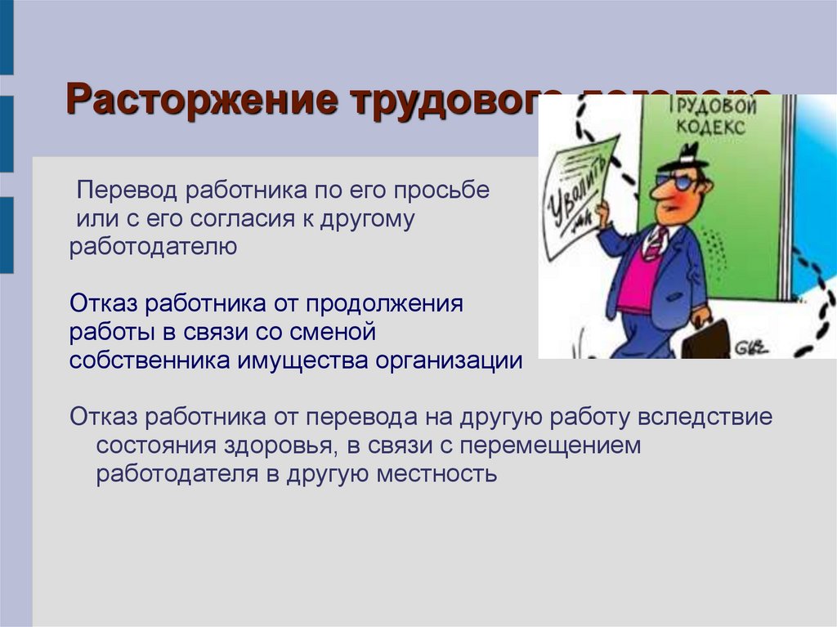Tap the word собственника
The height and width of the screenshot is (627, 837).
click(x=150, y=361)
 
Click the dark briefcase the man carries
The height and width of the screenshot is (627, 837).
click(x=705, y=339)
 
